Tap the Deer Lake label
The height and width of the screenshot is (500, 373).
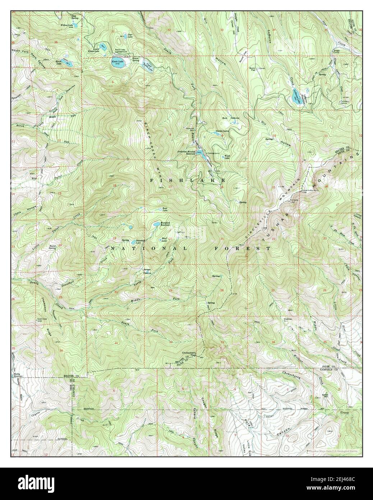point(126,35)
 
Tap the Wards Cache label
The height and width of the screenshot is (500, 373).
point(221,131)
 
